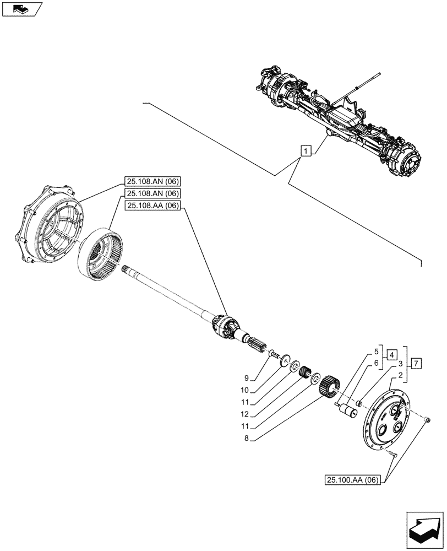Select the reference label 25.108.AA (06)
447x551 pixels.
(x=153, y=206)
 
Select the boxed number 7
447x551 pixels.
(x=417, y=363)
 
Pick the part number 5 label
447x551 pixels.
(x=377, y=350)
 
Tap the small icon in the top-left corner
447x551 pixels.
(x=21, y=9)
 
